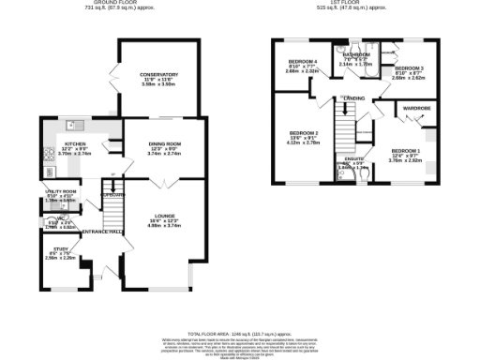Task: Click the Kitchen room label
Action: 75,144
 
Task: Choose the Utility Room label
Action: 61,194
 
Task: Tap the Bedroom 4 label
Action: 303,62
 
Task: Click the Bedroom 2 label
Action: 303,133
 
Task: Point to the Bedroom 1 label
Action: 405,151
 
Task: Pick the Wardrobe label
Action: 416,109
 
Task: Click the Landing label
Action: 354,97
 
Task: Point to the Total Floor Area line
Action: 240,334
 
